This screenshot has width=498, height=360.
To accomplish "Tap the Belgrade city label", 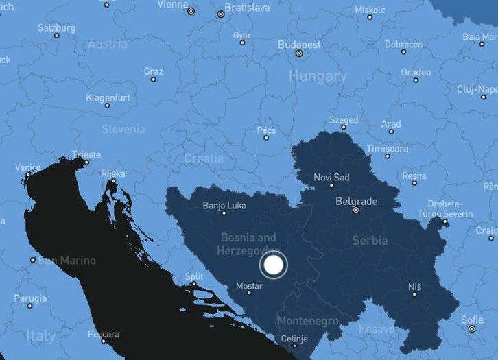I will [x=356, y=202].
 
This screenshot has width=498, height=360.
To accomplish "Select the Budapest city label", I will [x=299, y=45].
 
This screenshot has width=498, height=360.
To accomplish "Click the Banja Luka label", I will [x=224, y=205].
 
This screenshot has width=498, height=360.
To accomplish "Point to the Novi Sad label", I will [x=331, y=178].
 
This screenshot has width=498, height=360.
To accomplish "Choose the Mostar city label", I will [x=249, y=285].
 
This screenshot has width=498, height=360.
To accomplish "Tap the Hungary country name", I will [x=318, y=75].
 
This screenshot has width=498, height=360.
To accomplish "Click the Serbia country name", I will [x=370, y=241].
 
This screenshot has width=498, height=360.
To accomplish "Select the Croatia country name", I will [x=204, y=158].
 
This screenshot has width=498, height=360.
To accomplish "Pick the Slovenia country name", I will [x=123, y=129].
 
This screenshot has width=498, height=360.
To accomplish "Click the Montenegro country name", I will [x=307, y=321].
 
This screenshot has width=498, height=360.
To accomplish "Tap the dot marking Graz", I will [x=153, y=80].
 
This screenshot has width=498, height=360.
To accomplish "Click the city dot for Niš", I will [x=414, y=294].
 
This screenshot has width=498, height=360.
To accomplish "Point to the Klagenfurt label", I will [x=108, y=97].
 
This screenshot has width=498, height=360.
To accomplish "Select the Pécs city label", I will [x=266, y=130].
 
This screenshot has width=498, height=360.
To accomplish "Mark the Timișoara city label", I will [x=387, y=148].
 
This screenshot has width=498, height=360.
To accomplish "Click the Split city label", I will [x=193, y=276].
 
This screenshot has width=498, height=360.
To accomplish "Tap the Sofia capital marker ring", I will [x=471, y=329].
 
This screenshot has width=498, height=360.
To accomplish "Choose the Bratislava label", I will [x=248, y=8].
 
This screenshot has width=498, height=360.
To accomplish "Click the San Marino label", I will [x=67, y=261].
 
